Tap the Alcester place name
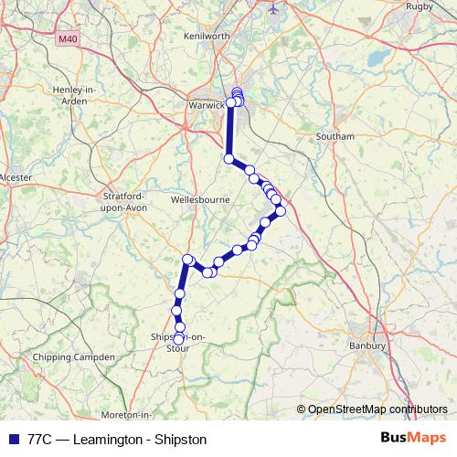pos(16,176)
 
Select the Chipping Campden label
pos(73,357)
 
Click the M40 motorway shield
pos(68,39)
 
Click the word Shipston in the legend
pos(176,439)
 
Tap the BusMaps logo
pos(413,438)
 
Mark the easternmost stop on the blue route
pos(281,211)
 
